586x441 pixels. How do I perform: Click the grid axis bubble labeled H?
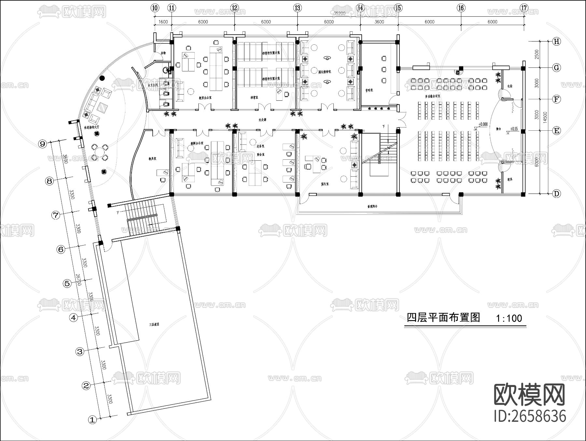click(x=557, y=41)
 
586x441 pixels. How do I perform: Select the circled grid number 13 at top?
click(x=297, y=8)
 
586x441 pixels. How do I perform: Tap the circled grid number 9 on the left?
click(x=43, y=144)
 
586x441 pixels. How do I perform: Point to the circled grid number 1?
click(x=93, y=420)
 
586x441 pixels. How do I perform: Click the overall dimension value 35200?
click(x=340, y=13)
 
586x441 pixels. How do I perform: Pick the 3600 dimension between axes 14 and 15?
click(x=379, y=22)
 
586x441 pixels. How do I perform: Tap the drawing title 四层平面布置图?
click(x=444, y=318)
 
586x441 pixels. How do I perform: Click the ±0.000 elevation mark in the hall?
click(x=483, y=124)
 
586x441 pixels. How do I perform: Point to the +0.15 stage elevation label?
click(x=515, y=129)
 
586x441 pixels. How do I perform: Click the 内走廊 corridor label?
click(x=262, y=120)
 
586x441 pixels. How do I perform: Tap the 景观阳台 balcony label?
click(x=374, y=207)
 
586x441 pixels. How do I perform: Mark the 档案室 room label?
click(x=254, y=97)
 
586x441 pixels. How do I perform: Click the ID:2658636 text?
click(x=530, y=416)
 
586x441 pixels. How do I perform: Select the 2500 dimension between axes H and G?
click(x=537, y=54)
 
